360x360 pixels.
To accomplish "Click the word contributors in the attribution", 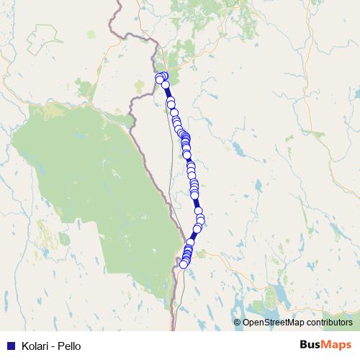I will [x=325, y=323].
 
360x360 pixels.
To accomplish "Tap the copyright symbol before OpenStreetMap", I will [x=238, y=323].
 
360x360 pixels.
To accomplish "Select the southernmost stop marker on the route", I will [x=184, y=264].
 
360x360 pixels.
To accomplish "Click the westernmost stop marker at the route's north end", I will [x=158, y=78].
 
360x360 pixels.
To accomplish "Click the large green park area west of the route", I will [x=86, y=180].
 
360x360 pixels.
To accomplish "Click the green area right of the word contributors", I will [x=356, y=317].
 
